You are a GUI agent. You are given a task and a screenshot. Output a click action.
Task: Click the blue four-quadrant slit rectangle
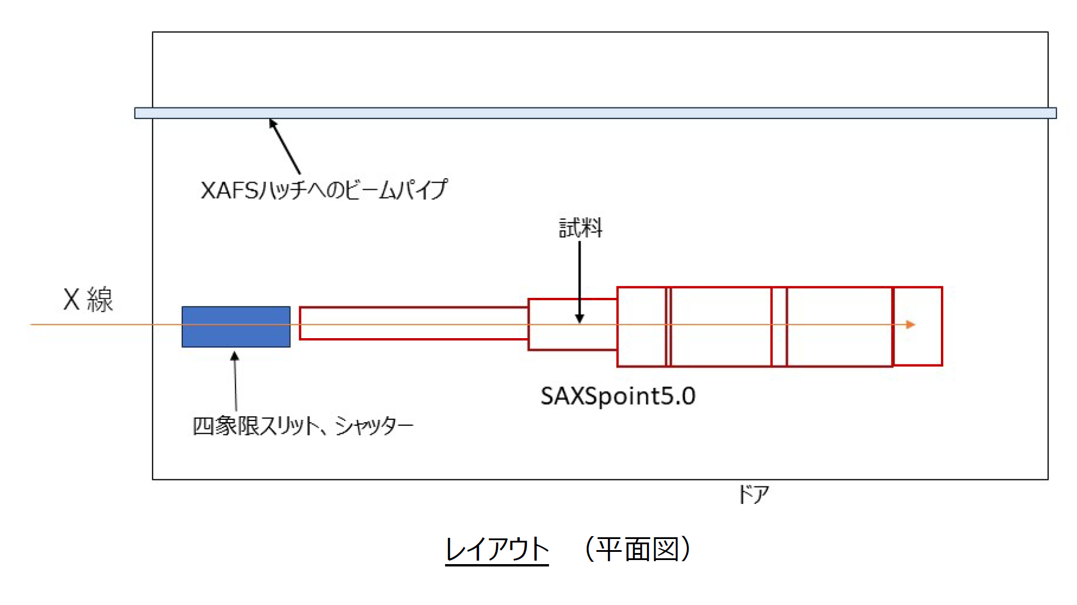[236, 327]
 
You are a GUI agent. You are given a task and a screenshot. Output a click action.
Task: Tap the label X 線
[88, 300]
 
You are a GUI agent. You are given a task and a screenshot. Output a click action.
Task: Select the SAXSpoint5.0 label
[618, 396]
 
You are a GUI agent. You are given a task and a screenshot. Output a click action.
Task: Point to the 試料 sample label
[581, 228]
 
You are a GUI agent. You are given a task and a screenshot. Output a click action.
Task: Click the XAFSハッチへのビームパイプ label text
[324, 190]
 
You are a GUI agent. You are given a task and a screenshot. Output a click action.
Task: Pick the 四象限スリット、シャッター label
[303, 426]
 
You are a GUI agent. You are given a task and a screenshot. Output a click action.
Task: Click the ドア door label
[754, 495]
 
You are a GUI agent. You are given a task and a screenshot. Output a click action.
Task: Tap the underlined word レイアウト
[497, 550]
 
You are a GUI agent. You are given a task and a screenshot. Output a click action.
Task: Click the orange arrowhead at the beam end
[911, 325]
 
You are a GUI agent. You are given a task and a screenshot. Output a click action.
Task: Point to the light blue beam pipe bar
[596, 113]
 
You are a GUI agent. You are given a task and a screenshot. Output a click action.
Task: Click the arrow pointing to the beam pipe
[284, 147]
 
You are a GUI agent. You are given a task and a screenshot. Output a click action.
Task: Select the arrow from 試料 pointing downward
[579, 282]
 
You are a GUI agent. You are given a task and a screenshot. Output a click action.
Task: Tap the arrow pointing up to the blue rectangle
[235, 381]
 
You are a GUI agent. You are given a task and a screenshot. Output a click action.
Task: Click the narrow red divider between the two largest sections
[779, 327]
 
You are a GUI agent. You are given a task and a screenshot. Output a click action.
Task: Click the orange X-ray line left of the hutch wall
[91, 325]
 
